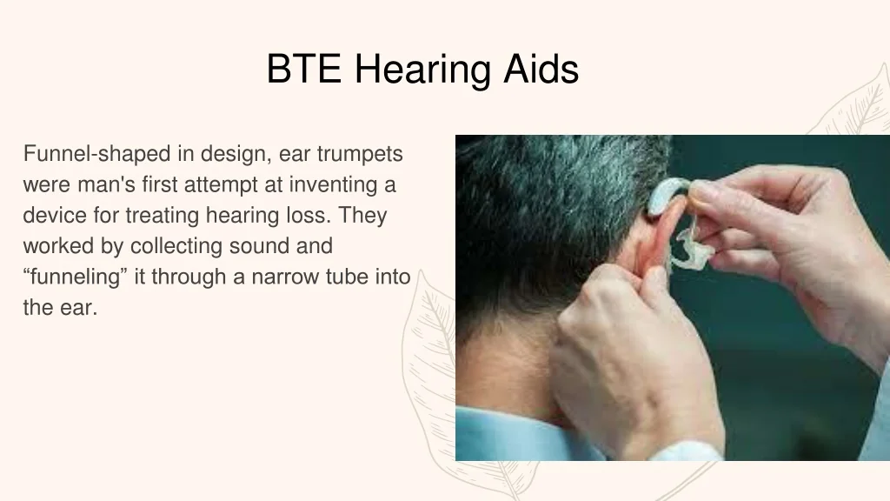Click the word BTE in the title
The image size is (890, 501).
click(x=303, y=69)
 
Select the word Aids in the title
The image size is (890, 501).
click(x=541, y=69)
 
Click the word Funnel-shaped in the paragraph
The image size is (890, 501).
click(x=96, y=155)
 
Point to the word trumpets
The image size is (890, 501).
click(x=360, y=155)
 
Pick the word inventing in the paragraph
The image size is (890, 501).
click(x=333, y=185)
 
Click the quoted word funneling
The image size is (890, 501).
click(x=75, y=277)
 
